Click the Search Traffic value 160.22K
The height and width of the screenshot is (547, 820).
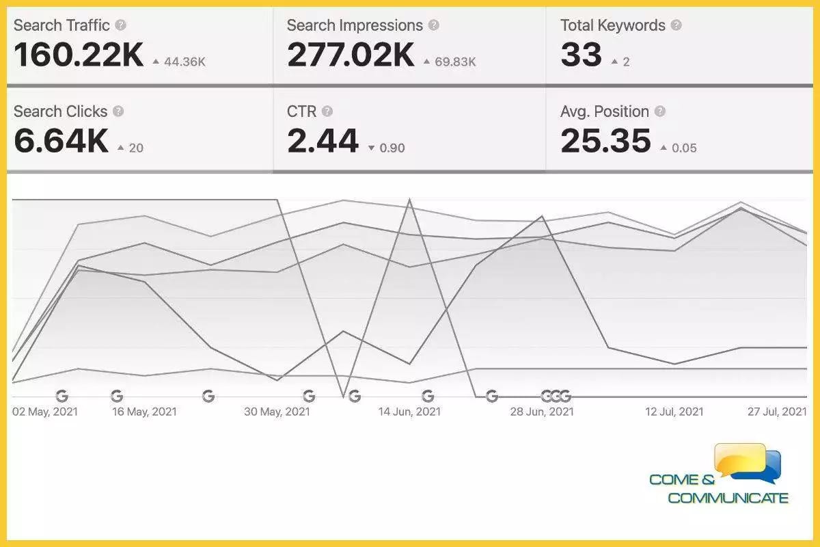79,55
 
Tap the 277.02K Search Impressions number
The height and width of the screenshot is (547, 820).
351,55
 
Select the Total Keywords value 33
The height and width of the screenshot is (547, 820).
582,55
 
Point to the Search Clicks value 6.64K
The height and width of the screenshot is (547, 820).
61,141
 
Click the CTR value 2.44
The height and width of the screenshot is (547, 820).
323,141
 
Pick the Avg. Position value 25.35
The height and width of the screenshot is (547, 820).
605,141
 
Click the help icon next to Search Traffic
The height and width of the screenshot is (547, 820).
120,25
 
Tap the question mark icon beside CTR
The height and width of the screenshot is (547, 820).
327,111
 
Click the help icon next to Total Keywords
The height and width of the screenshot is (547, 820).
676,25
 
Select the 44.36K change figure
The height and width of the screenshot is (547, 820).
184,62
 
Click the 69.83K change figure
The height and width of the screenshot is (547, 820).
455,62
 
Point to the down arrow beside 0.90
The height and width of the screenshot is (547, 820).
371,148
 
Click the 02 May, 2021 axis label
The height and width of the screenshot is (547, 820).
45,412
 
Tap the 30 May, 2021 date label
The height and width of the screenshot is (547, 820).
277,412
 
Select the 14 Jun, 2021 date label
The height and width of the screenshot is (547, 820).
409,412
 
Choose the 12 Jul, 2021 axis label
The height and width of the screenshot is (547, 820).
674,412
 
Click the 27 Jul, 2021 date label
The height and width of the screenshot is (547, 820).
777,412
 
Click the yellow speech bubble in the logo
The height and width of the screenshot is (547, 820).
739,459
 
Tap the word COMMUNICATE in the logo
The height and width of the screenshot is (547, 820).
728,498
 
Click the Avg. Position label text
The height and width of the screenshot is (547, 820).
604,111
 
